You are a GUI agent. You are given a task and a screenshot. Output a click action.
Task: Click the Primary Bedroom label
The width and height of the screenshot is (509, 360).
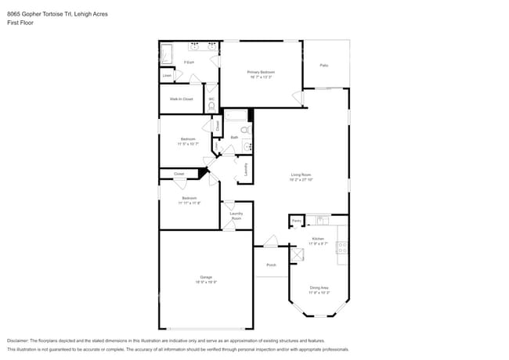coord(261,74)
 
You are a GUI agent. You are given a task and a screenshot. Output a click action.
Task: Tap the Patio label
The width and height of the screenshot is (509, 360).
coord(323,65)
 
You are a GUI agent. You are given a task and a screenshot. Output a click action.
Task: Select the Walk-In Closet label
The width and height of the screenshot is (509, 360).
coord(182,99)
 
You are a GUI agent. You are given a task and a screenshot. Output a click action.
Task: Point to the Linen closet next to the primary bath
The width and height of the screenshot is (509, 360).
coord(167,75)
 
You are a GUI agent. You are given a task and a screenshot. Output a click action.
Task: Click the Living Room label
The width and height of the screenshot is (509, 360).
coord(301,177)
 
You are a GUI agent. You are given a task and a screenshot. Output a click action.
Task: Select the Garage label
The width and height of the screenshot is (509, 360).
coord(206,279)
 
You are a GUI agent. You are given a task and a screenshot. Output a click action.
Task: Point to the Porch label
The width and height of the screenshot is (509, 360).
coord(271,265)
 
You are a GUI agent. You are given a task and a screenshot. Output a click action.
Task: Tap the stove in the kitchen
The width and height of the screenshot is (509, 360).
coord(342,247)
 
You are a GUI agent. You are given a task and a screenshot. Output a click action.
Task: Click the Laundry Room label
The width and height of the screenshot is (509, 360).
coord(236,214)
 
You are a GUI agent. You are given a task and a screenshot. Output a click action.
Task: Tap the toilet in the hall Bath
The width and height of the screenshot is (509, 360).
coord(244,130)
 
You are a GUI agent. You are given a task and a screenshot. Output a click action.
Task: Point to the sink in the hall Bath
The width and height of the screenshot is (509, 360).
coord(247,145)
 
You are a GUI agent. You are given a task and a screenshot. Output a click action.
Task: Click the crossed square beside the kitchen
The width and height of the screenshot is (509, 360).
coord(298,254)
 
